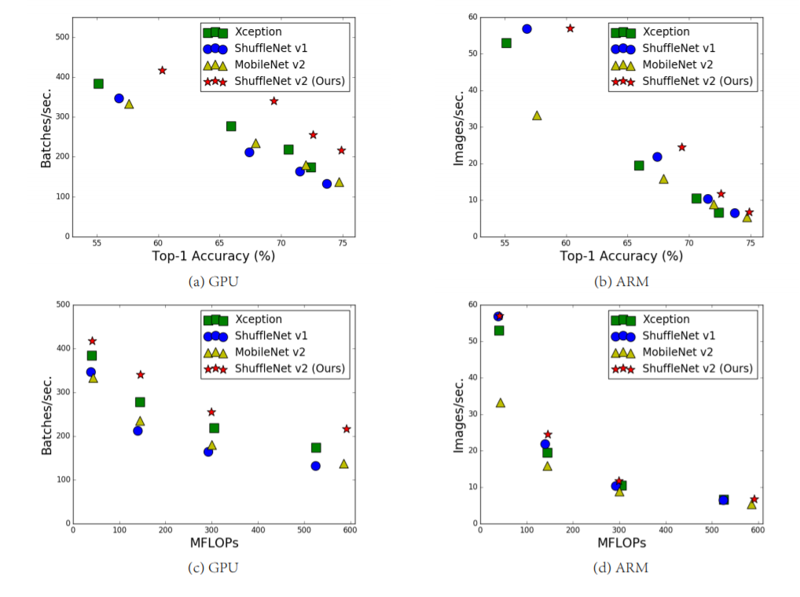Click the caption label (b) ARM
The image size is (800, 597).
tap(622, 282)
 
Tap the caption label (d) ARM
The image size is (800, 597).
tap(622, 567)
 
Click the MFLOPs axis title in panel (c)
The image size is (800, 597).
tap(213, 543)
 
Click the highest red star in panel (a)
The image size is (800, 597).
tap(162, 71)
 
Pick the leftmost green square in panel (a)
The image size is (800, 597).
tap(98, 83)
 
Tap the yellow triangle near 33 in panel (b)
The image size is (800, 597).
tap(537, 115)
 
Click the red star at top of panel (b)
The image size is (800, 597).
tap(570, 28)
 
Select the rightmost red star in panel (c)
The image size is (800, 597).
tap(346, 429)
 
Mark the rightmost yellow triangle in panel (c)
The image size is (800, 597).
tap(343, 463)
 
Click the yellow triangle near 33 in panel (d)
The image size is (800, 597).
tap(501, 403)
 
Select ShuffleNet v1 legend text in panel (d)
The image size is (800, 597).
tap(678, 336)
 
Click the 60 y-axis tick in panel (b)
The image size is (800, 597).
tap(472, 16)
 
